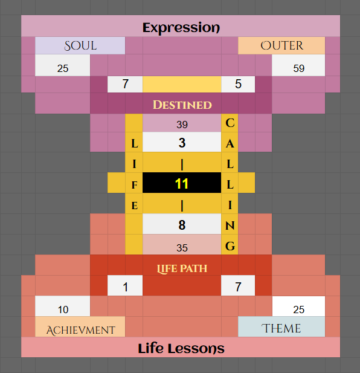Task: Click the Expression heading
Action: [181, 28]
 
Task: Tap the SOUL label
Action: [80, 46]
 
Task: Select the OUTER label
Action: [282, 45]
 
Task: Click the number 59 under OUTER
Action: [299, 68]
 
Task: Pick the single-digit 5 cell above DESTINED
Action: [238, 84]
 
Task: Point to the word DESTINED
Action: [182, 105]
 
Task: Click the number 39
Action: [182, 125]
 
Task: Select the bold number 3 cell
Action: [182, 142]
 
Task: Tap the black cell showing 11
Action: [182, 183]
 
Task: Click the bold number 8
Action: [182, 225]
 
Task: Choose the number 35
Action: [182, 248]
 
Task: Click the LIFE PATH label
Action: [182, 268]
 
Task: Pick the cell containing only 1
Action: [125, 285]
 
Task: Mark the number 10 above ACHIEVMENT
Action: [63, 310]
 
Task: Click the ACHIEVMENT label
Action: [80, 330]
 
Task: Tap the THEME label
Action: [281, 328]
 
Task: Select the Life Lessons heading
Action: [181, 348]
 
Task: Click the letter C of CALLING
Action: [230, 123]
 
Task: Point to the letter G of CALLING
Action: [230, 246]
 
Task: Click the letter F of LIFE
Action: [135, 185]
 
